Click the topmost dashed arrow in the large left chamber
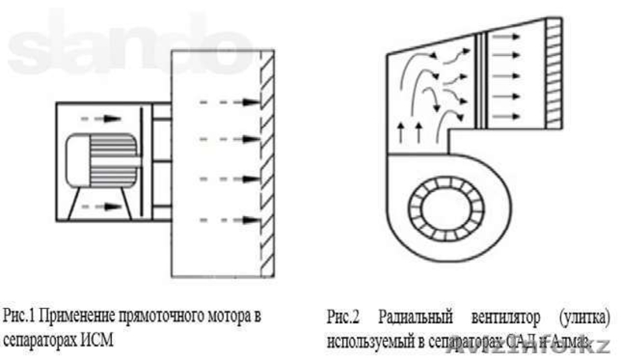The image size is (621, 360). pos(228,100)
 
